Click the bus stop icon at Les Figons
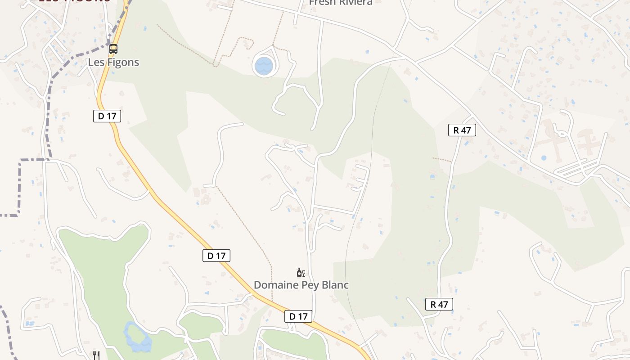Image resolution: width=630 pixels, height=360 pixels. point(113,49)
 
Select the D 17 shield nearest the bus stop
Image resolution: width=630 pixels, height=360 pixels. point(107,116)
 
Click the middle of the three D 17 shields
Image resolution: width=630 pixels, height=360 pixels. point(216,256)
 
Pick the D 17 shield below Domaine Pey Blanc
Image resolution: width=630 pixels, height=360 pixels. point(298,317)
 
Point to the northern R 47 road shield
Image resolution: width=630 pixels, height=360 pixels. point(462,130)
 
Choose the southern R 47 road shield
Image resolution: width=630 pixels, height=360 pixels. point(439,305)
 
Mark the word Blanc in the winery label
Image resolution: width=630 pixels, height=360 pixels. point(334,285)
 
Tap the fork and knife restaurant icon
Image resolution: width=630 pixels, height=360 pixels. point(96,355)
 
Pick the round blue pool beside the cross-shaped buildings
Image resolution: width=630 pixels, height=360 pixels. point(544,158)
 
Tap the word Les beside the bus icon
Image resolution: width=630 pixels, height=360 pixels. point(96,62)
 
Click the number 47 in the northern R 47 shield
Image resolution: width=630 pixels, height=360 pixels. point(466,130)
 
